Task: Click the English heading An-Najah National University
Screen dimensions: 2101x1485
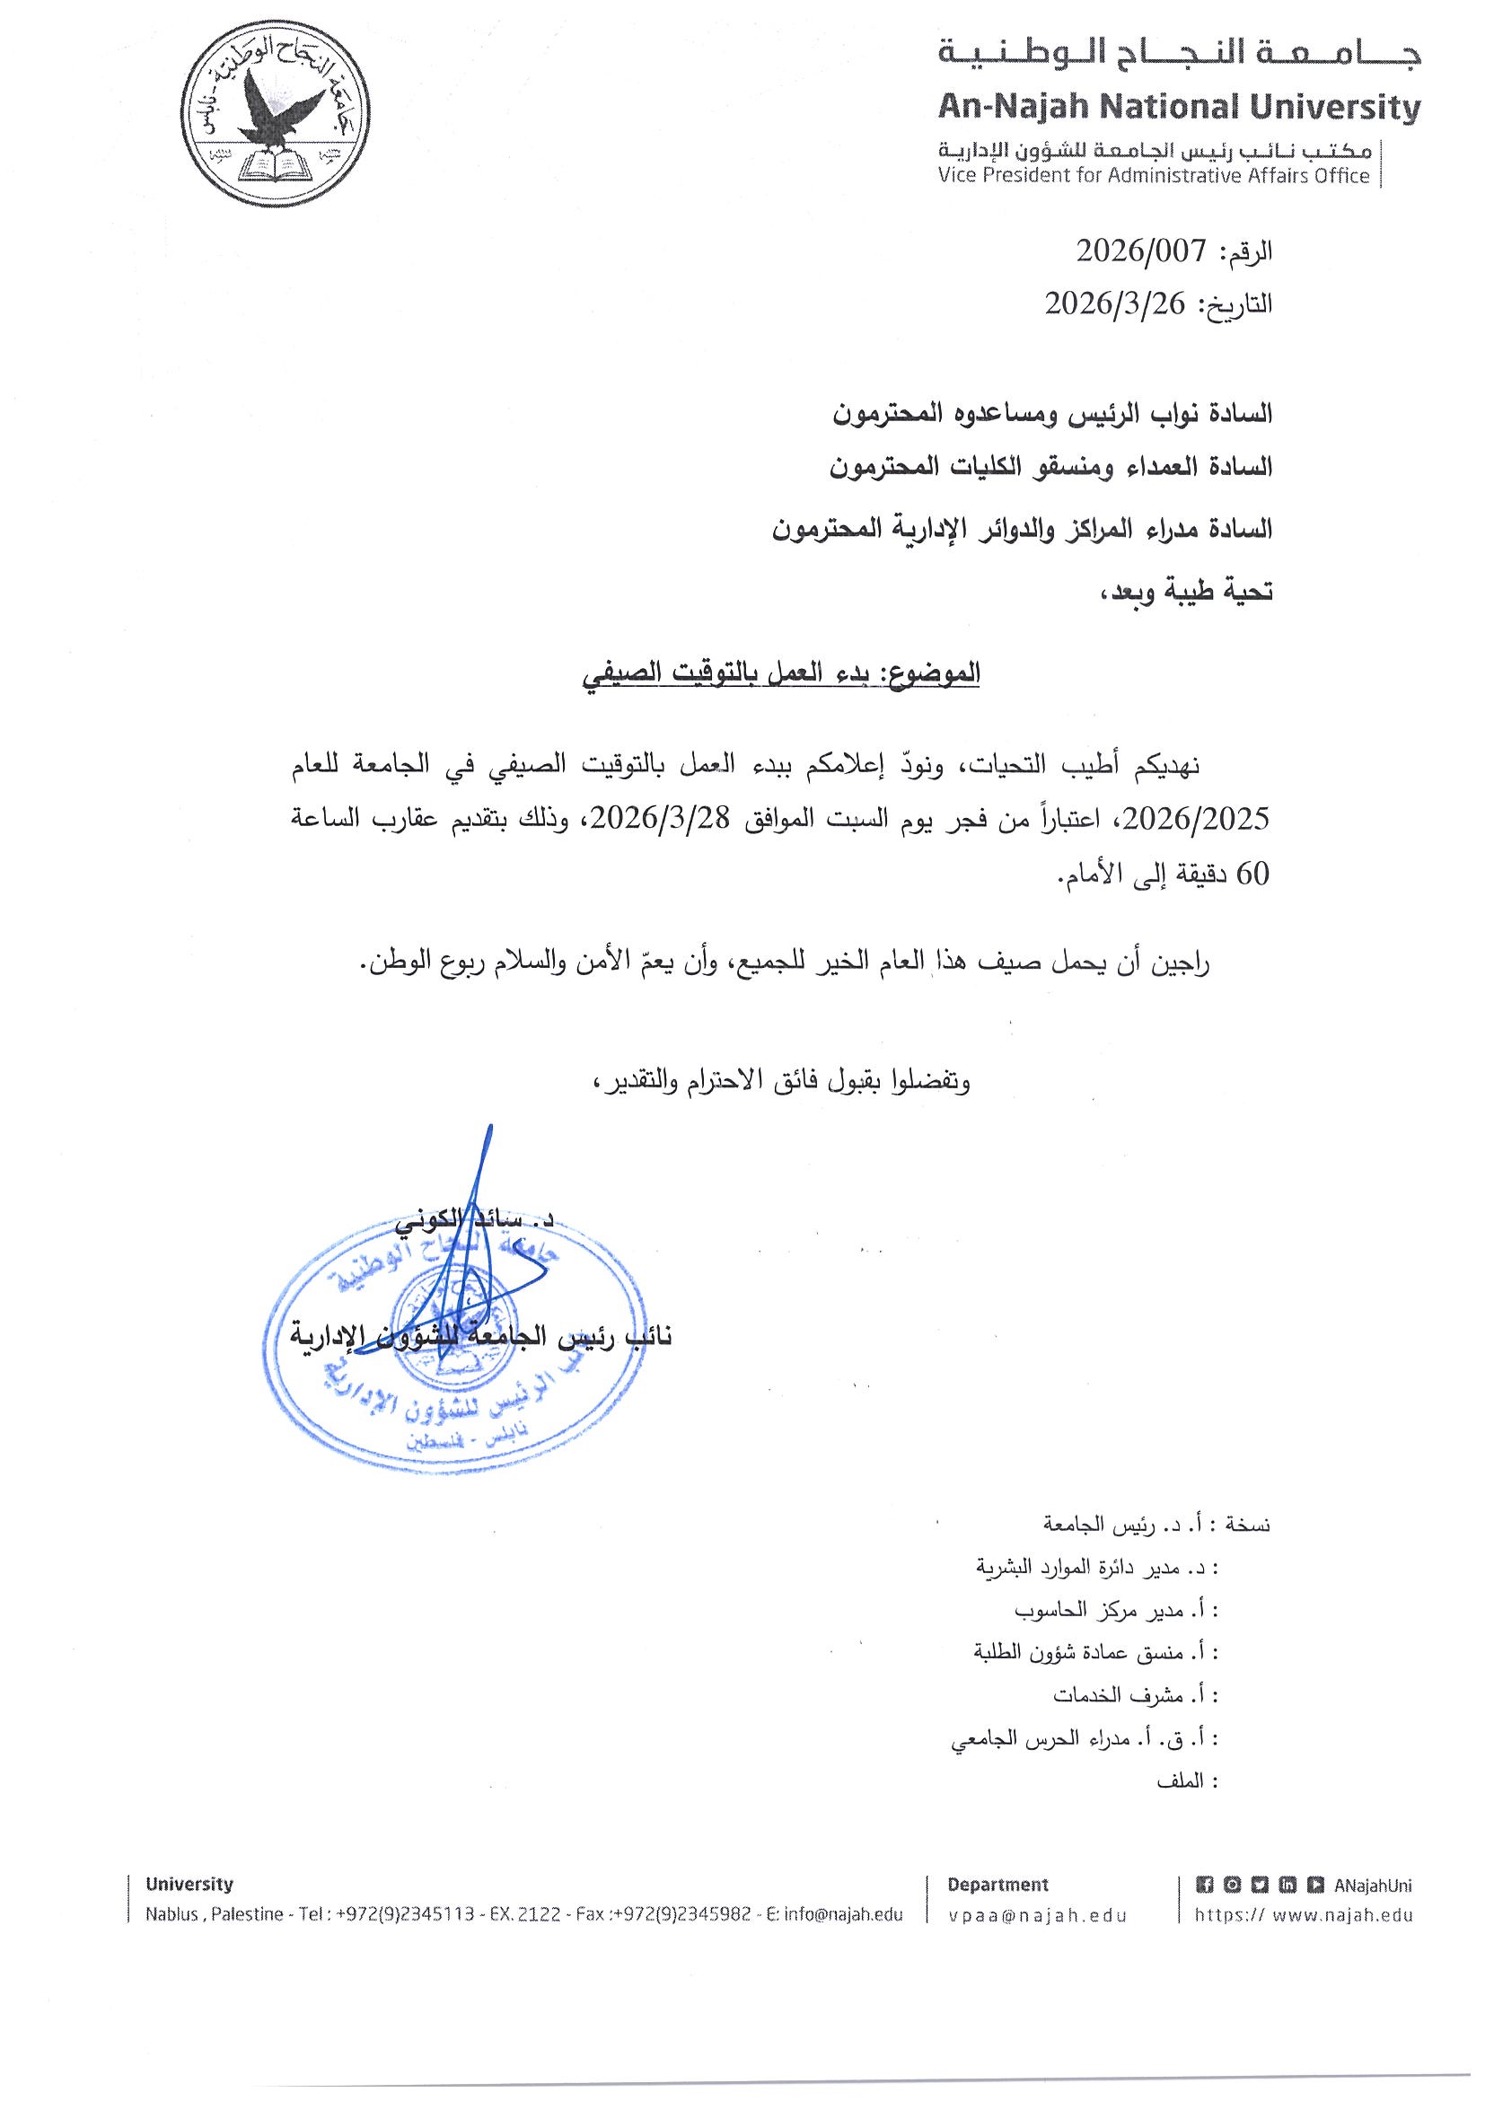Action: [x=1180, y=109]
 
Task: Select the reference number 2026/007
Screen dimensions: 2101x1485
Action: [x=1141, y=251]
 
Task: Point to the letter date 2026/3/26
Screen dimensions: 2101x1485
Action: [x=1115, y=302]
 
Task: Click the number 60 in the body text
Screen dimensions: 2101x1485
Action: [x=1252, y=875]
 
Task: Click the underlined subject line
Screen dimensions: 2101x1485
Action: [x=782, y=673]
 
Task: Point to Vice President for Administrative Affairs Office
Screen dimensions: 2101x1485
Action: [x=1154, y=176]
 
